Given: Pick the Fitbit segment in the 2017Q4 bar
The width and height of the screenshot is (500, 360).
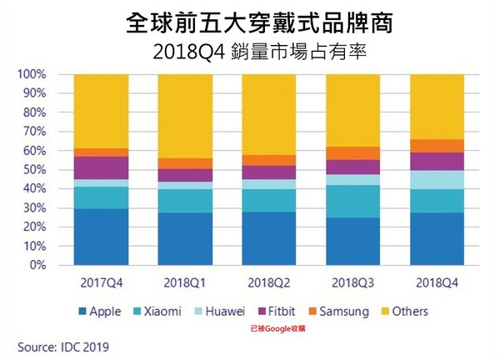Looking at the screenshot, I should [100, 167].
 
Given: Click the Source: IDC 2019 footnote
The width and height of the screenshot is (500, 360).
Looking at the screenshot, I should [59, 344].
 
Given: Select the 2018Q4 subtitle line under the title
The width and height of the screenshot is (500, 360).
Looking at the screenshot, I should [249, 51].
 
